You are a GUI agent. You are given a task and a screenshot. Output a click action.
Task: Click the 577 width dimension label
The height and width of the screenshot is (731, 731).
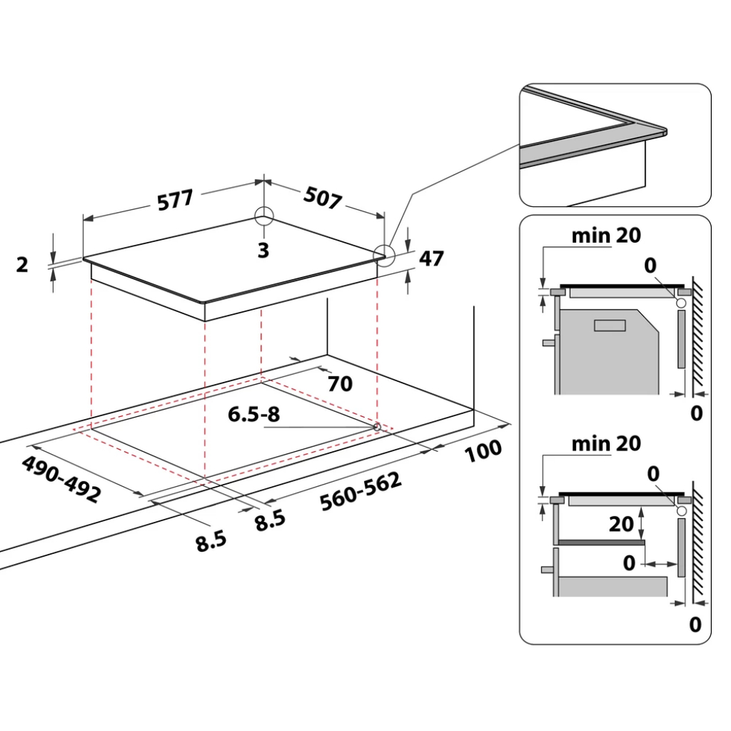tap(175, 199)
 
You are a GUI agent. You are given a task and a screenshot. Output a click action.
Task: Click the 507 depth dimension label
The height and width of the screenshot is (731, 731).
tap(323, 198)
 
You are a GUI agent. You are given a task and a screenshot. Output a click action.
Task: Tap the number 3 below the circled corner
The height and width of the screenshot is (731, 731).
tap(263, 251)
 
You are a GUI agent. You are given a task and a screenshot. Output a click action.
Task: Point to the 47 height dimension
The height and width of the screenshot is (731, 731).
tap(431, 258)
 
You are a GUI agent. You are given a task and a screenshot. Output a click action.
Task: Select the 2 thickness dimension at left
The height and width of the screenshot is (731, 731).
tap(22, 265)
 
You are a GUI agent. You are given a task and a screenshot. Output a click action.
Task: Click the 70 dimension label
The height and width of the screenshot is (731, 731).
tap(340, 384)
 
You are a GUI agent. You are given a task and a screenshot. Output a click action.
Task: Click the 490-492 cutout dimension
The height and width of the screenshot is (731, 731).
tap(61, 479)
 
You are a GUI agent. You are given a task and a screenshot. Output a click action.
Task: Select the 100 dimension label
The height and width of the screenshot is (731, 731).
tap(482, 450)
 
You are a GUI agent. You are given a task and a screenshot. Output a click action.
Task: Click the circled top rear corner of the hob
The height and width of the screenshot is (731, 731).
tap(263, 216)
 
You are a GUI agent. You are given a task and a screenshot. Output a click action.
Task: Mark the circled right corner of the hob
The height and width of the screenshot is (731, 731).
tap(385, 255)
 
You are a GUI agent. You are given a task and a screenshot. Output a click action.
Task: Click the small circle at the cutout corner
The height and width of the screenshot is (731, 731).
tap(376, 426)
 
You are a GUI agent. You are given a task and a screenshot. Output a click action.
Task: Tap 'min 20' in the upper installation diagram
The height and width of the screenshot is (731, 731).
tap(606, 235)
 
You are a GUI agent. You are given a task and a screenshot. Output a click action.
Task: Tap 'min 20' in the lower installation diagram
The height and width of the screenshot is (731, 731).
tap(606, 443)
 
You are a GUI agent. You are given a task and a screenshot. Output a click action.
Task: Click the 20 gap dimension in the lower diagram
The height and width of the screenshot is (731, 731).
tap(621, 524)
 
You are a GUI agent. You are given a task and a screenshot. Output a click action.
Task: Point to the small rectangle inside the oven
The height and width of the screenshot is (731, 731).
tap(610, 326)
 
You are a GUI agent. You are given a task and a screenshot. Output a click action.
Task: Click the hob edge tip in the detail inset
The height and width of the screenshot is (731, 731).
tap(664, 131)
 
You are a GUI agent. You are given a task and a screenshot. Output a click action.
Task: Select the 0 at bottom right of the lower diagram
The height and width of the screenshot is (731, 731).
tap(695, 625)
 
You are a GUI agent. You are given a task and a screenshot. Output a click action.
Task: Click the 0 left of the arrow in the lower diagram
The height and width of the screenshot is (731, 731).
tap(628, 563)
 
